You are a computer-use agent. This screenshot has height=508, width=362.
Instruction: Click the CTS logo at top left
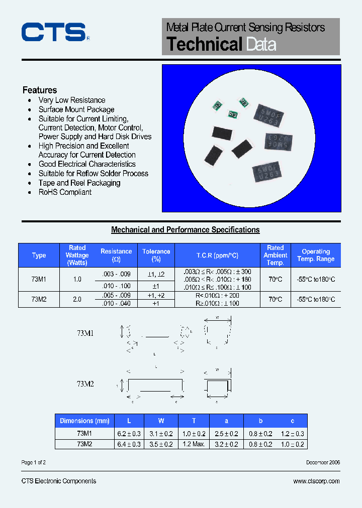53,32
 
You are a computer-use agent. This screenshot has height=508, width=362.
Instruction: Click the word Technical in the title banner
205,44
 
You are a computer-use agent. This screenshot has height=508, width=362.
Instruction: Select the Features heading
40,90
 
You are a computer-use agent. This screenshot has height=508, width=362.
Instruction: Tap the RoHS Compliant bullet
65,192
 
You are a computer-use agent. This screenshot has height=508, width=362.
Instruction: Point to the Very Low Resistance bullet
72,100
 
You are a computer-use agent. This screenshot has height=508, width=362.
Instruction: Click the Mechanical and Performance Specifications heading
185,230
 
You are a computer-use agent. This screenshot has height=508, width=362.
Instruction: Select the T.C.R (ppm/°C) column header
217,256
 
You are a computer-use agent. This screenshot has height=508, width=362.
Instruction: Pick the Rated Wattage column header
77,255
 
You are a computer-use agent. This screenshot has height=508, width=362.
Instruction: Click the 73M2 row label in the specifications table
39,299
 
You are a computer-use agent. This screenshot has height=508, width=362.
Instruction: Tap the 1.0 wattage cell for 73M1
77,279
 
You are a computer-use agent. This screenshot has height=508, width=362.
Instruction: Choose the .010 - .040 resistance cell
116,304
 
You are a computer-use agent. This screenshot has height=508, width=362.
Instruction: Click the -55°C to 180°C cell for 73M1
316,279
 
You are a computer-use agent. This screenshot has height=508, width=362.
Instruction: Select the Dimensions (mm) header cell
84,421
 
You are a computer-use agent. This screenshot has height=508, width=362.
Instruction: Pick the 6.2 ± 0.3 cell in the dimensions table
129,434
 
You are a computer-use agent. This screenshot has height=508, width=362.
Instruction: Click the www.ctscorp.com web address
316,481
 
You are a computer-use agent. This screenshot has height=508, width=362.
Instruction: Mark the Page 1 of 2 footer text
34,462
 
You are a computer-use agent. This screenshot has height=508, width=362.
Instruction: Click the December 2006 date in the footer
323,462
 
